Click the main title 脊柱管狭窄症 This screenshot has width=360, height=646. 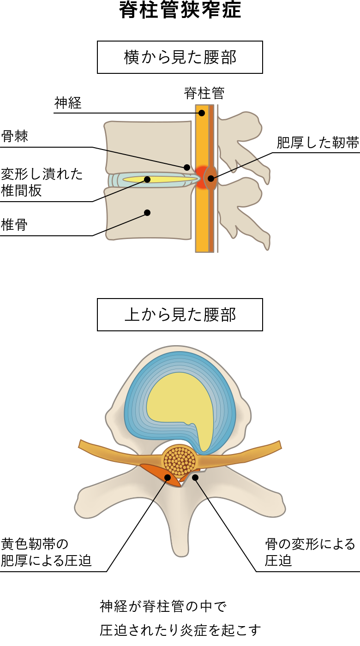click(180, 10)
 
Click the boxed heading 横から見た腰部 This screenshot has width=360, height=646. click(180, 57)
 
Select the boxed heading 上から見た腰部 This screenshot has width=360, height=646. click(180, 315)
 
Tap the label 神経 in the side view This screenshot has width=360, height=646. click(68, 103)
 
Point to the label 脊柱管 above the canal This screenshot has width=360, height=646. click(204, 93)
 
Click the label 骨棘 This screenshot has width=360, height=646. click(14, 136)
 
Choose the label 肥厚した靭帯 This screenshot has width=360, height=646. click(318, 143)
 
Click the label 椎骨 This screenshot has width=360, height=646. click(14, 225)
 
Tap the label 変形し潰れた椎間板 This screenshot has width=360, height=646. click(42, 182)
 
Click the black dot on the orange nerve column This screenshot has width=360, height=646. click(202, 113)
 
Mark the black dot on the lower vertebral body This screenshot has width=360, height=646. click(147, 213)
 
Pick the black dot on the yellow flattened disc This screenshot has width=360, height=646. click(147, 179)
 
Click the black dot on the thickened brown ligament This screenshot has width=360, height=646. click(211, 179)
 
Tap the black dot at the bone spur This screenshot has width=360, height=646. click(187, 167)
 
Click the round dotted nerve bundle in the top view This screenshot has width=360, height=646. click(180, 461)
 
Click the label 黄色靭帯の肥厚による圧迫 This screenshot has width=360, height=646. click(46, 552)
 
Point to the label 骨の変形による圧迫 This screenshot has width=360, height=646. click(310, 552)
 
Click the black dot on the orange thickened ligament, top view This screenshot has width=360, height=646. click(168, 477)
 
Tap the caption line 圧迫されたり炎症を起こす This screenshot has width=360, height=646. click(180, 630)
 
